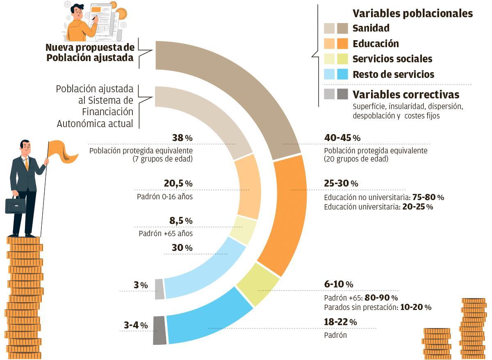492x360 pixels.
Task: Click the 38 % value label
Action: [182, 138]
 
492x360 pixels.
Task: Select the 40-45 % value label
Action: [342, 138]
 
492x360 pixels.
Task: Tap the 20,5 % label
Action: [178, 184]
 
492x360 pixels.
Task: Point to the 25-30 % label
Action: [341, 183]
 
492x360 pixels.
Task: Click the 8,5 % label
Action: [181, 221]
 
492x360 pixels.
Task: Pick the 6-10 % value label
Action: [338, 284]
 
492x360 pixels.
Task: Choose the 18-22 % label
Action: [340, 322]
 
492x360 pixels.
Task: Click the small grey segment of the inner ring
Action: [159, 289]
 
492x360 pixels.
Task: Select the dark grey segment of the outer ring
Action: [159, 330]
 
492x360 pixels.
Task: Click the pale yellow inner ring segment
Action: [243, 230]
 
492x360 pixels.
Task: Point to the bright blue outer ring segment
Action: [209, 320]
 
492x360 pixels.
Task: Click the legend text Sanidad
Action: [371, 28]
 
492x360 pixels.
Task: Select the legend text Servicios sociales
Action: [392, 59]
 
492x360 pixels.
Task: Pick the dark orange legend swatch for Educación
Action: [342, 43]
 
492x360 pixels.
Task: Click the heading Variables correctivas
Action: [405, 95]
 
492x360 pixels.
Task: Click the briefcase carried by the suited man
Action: [15, 205]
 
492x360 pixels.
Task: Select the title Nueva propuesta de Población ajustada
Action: [90, 52]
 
